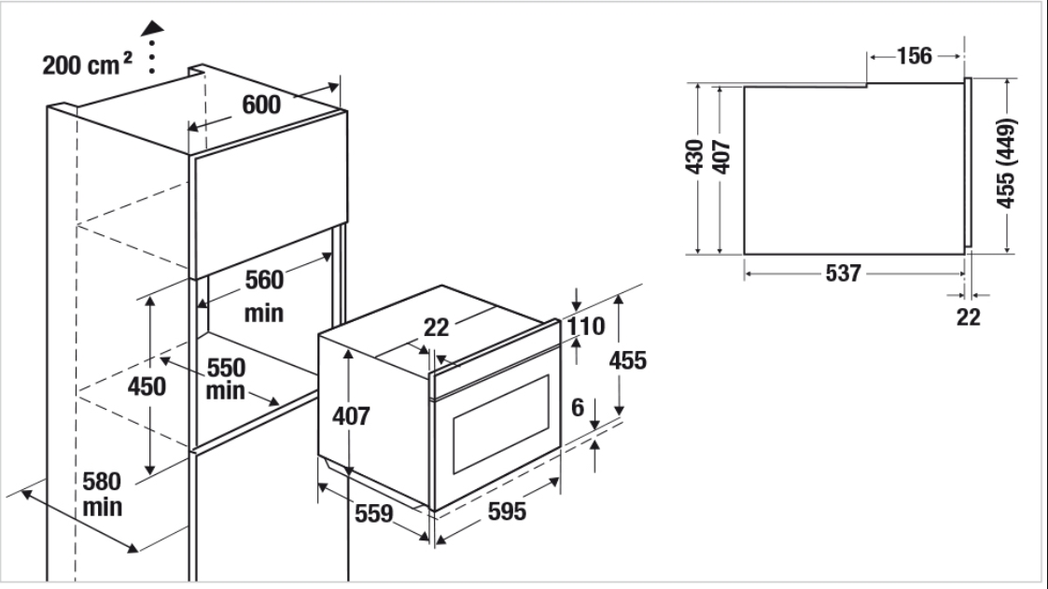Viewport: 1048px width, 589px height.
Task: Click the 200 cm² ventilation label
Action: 87,64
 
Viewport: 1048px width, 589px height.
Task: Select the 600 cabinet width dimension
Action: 261,105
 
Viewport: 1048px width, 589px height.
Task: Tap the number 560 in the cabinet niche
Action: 264,279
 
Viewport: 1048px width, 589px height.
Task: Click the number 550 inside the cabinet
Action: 226,368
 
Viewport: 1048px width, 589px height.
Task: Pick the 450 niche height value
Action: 147,386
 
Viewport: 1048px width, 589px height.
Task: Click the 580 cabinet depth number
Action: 102,482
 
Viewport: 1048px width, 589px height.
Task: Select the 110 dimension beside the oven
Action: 586,327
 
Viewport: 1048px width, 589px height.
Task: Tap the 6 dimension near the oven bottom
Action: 578,407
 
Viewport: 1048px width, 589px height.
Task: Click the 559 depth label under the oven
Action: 373,513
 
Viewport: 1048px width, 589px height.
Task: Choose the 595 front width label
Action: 507,512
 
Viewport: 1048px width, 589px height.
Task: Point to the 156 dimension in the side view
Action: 914,55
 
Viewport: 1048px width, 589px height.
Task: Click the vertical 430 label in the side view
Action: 695,157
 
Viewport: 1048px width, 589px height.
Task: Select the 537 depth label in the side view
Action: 843,273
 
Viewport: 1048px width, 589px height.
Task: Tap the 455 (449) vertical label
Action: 1006,163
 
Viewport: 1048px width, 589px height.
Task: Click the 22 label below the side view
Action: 969,316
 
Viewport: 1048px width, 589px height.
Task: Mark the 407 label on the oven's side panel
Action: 351,415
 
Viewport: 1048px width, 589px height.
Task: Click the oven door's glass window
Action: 500,424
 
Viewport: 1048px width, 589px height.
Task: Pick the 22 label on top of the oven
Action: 437,327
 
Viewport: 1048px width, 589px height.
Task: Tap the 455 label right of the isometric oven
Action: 628,360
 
